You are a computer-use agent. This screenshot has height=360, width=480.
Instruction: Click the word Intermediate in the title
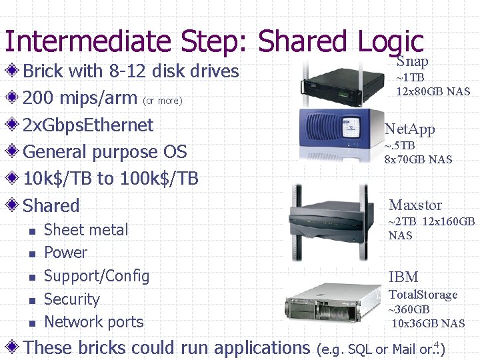pos(87,41)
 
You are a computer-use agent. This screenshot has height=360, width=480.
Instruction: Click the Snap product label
pos(412,61)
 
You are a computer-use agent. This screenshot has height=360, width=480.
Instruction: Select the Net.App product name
pos(409,129)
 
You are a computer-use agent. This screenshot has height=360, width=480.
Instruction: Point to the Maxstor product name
pos(415,205)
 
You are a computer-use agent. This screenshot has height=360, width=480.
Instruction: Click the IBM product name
pos(403,277)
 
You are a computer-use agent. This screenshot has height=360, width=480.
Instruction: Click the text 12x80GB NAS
pos(433,91)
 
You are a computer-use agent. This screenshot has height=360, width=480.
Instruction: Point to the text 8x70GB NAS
pos(418,159)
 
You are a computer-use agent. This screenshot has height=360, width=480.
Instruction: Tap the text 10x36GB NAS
pos(428,323)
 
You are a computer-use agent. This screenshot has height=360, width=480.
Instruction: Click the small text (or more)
pos(162,101)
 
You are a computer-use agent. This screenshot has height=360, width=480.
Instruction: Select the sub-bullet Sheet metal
pos(85,230)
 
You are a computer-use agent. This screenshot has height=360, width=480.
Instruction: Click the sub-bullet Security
pos(71,299)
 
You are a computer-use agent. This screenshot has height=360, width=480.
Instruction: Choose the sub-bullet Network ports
pos(93,322)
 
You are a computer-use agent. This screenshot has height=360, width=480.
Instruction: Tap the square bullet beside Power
pos(31,254)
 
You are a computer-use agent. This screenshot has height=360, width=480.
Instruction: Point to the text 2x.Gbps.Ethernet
pos(88,125)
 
